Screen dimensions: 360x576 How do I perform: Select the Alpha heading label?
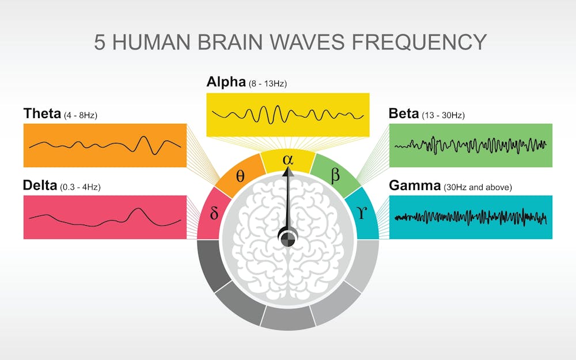tap(226, 82)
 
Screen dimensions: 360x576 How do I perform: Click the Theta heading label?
tap(42, 113)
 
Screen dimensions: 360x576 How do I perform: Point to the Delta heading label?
tap(40, 185)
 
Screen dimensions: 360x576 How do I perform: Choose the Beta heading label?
tap(404, 113)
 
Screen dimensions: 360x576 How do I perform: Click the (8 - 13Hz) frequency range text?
tap(268, 84)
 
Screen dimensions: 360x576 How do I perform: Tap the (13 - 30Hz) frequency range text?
tap(443, 115)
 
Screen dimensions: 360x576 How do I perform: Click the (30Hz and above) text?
tap(478, 187)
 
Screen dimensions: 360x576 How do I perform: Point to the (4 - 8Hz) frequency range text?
tap(80, 115)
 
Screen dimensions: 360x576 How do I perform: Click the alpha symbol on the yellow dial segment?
tap(287, 160)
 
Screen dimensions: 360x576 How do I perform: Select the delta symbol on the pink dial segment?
tap(214, 214)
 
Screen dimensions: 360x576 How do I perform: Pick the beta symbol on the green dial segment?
tap(335, 175)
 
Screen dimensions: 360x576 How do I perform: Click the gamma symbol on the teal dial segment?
tap(362, 214)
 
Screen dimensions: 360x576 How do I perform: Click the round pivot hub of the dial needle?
tap(287, 237)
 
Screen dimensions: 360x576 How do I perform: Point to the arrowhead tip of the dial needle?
tap(287, 168)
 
